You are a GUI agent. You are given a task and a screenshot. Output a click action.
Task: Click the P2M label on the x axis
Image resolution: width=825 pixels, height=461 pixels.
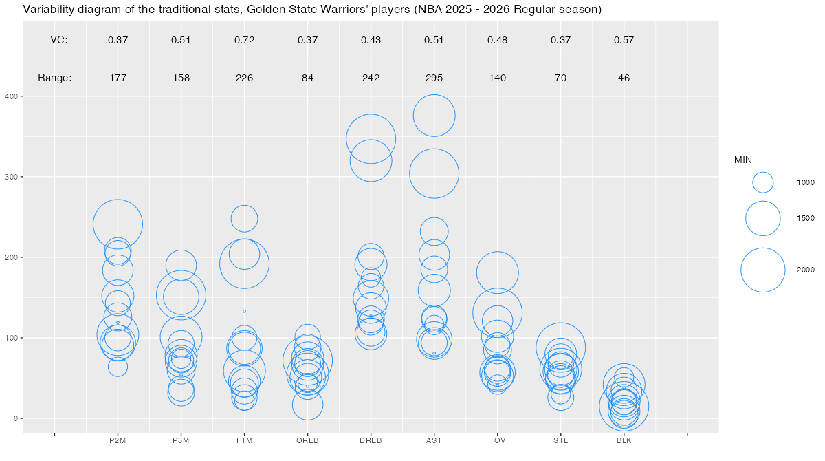coord(118,440)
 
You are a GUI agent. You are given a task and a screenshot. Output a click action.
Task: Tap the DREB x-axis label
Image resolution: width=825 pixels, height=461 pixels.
coord(371,440)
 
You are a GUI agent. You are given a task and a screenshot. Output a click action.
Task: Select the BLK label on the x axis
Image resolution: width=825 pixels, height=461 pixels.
coord(624,440)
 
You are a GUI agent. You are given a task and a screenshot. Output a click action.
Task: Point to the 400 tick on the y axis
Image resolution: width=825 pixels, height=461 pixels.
coord(13,97)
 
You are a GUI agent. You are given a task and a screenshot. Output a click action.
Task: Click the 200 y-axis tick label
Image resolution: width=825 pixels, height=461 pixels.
coord(13,257)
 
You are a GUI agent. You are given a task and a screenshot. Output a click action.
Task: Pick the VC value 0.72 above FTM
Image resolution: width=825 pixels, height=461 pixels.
coord(244,40)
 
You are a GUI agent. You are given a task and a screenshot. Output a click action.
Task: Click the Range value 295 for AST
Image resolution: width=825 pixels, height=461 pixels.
coord(434,78)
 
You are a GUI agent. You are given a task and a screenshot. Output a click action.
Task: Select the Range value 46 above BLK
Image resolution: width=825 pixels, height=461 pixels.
coord(624,78)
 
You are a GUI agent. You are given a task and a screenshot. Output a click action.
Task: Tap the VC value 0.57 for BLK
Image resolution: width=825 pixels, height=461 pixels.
coord(624,40)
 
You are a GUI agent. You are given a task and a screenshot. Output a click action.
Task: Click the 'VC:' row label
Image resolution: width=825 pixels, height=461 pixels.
coord(59,40)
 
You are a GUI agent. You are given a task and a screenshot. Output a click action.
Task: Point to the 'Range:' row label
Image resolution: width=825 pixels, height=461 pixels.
coord(54,78)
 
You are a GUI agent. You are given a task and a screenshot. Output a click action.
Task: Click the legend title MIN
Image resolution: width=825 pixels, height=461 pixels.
coord(743,160)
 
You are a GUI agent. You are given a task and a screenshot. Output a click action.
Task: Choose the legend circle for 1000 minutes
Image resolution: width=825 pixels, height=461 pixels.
coord(763,182)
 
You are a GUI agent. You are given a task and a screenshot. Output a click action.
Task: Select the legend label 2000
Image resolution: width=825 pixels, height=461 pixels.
coord(805,270)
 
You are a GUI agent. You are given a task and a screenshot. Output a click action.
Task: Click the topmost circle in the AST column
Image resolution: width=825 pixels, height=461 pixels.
coord(434,116)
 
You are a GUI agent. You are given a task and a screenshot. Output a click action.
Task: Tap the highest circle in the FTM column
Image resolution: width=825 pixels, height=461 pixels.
coord(244,218)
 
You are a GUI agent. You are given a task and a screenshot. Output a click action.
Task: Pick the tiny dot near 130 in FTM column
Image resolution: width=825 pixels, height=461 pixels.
coord(244,311)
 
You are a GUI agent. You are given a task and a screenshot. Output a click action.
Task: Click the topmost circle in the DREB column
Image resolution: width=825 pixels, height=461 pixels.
coord(371,139)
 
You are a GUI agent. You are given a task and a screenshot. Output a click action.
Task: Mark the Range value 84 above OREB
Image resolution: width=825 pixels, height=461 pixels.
coord(307,78)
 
